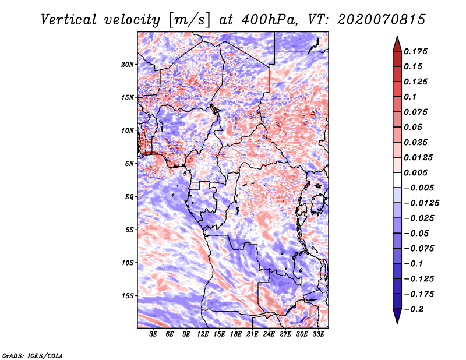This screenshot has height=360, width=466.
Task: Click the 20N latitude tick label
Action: (x=128, y=65)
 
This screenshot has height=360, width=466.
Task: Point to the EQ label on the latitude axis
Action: (x=129, y=197)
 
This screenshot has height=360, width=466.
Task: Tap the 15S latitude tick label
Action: (x=128, y=296)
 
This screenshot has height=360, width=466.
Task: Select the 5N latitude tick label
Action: (x=129, y=164)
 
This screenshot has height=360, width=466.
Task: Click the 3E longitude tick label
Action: (x=153, y=334)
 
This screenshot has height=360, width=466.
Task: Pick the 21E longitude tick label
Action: (x=252, y=334)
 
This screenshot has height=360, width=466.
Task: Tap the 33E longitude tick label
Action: (x=318, y=334)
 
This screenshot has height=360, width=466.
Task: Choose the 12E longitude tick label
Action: (x=203, y=334)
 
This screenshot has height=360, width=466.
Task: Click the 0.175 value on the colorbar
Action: (x=415, y=51)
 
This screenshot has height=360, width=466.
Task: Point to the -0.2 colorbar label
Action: (x=414, y=309)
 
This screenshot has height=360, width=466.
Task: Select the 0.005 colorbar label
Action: (x=415, y=172)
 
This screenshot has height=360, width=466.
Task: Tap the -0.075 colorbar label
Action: (x=419, y=249)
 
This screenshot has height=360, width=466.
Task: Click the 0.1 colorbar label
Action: (x=410, y=97)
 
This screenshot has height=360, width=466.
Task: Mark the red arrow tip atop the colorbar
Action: (x=397, y=37)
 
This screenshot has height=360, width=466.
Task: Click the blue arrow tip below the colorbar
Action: (x=397, y=323)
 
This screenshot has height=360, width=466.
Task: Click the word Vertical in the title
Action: (x=69, y=20)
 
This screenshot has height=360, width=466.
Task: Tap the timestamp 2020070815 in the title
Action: (x=382, y=20)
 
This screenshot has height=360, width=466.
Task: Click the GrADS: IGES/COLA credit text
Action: (x=33, y=355)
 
